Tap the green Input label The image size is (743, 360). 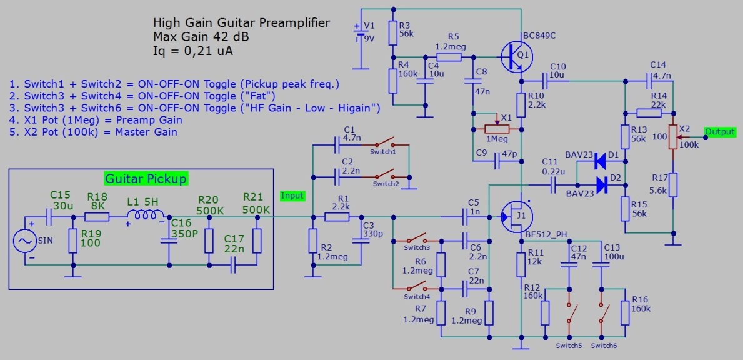[x=292, y=196]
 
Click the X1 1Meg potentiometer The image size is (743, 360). [x=497, y=129]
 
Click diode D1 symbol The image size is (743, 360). [x=601, y=162]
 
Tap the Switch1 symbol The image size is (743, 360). [x=384, y=143]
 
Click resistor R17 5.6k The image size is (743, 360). [x=672, y=184]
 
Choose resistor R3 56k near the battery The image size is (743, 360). [x=393, y=32]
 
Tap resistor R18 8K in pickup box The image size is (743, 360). [x=97, y=217]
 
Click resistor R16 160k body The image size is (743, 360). [x=625, y=312]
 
